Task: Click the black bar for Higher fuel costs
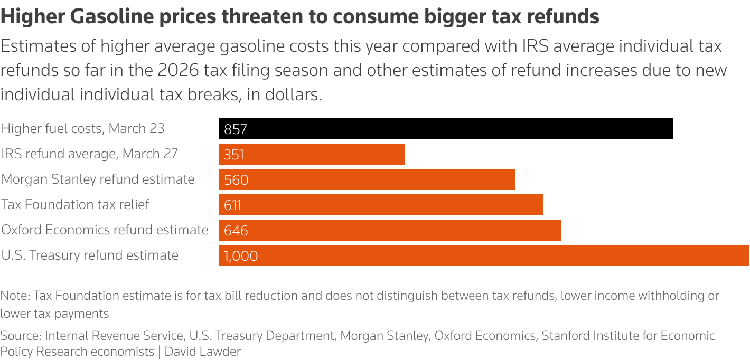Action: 445,129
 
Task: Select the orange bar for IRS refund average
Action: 312,154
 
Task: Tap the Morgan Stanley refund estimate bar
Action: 367,179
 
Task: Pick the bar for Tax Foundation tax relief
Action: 380,205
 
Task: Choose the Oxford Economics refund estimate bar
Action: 390,230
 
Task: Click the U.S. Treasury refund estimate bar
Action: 483,255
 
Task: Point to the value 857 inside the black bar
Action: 236,129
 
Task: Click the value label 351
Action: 235,155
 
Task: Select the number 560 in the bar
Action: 236,180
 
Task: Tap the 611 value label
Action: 233,205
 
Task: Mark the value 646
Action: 236,231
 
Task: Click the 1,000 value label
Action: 241,256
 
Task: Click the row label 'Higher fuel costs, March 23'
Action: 83,128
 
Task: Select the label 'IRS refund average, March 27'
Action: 90,154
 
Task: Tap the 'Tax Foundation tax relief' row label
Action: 76,204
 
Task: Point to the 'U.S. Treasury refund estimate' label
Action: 90,255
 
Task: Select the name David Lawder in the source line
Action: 203,352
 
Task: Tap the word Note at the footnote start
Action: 14,296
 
